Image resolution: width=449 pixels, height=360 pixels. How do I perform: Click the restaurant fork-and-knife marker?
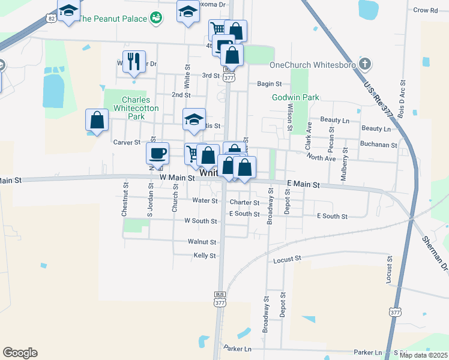[x=134, y=61]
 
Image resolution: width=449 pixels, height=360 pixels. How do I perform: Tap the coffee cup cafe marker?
[x=158, y=152]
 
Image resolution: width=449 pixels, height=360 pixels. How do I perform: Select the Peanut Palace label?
[x=112, y=19]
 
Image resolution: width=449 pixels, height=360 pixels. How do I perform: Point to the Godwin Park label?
[x=295, y=97]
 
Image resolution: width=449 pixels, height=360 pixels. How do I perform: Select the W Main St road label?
[x=178, y=178]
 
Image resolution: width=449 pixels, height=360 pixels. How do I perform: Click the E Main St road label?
[x=303, y=184]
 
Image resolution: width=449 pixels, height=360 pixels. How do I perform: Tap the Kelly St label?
[x=205, y=256]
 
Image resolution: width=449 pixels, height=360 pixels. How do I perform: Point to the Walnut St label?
[x=202, y=242]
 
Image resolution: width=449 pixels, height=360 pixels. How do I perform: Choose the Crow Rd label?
[x=426, y=10]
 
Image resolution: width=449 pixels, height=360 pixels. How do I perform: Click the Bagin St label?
[x=270, y=84]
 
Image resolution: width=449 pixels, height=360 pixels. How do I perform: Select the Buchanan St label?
[x=378, y=145]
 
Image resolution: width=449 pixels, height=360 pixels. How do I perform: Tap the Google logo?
[x=20, y=353]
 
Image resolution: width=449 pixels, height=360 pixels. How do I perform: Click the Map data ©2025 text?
[x=424, y=355]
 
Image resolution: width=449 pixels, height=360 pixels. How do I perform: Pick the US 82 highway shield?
[x=52, y=19]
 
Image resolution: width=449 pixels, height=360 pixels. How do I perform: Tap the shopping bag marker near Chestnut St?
[x=97, y=121]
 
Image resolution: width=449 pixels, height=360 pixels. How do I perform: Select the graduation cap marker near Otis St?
[x=194, y=119]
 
